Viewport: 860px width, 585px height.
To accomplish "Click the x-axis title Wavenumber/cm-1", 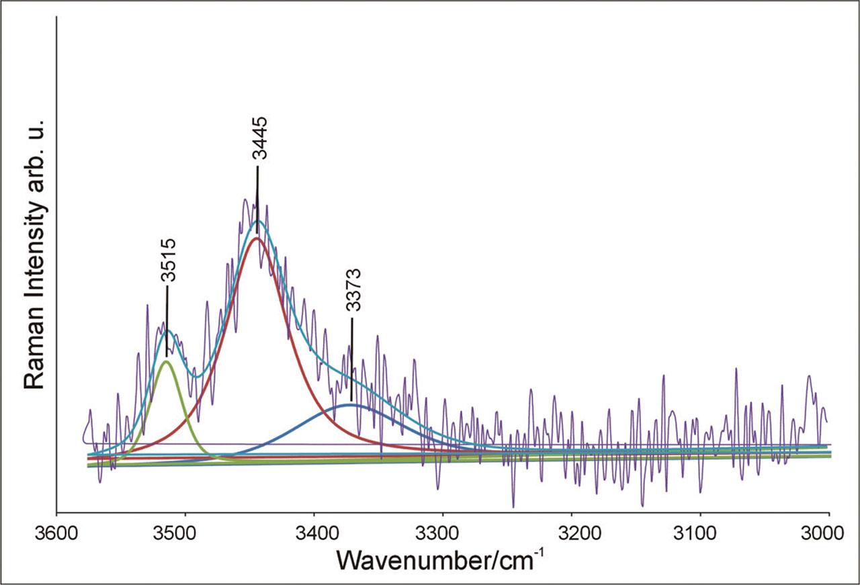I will coord(444,559).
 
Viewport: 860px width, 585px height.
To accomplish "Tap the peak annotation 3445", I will coord(260,138).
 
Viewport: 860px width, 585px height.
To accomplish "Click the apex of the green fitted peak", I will coord(166,361).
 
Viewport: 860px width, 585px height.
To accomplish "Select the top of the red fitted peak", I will coord(255,238).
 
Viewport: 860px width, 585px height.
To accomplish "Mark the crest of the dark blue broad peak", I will coord(351,404).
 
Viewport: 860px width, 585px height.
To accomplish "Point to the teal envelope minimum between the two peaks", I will coord(196,376).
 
